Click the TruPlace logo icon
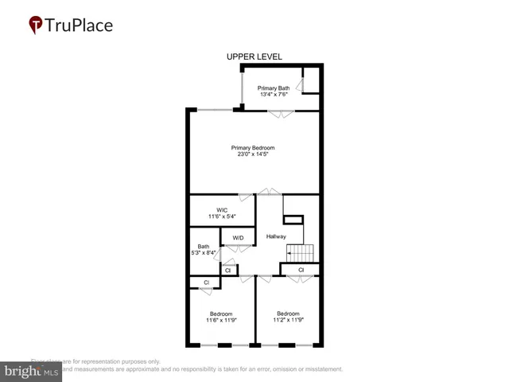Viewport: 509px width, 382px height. (37, 25)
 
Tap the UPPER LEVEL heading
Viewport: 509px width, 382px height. (254, 57)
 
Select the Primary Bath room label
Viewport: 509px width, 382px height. (273, 88)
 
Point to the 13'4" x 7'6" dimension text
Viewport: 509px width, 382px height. (273, 95)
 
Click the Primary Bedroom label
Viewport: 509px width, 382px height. (253, 147)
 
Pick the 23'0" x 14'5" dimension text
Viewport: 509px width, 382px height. (253, 154)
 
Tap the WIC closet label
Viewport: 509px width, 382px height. (222, 210)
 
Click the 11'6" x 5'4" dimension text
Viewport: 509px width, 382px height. (222, 217)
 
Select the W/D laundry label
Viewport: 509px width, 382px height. (238, 238)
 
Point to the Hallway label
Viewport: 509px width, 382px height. (276, 236)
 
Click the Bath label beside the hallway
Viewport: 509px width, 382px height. (204, 246)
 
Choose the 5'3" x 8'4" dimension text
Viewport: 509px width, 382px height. (204, 253)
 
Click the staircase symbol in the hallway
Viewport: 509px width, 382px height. (301, 252)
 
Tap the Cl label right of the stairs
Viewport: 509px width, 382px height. (301, 271)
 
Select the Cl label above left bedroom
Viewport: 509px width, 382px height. (206, 283)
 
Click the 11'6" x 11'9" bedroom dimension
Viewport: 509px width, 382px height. (221, 320)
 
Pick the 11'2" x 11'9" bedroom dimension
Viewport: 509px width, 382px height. (288, 320)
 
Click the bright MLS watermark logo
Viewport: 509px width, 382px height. (32, 371)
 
